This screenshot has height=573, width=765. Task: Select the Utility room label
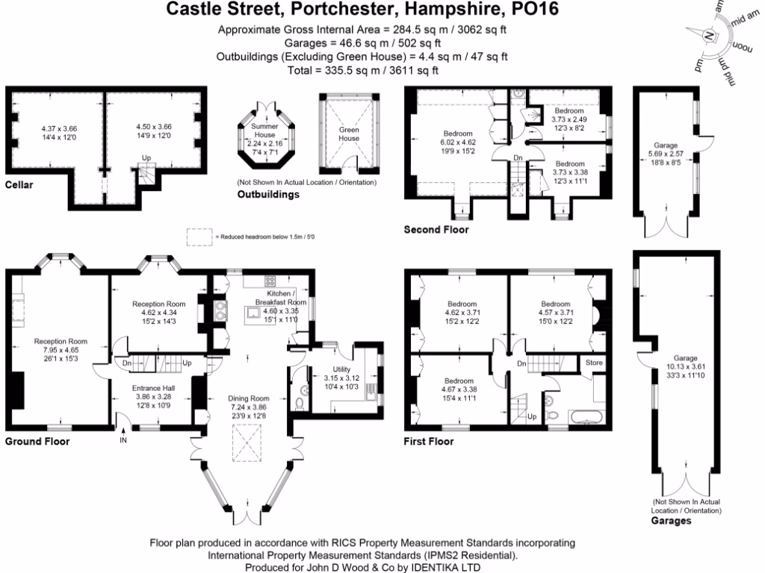click(x=342, y=369)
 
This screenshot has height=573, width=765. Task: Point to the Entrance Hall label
click(x=152, y=388)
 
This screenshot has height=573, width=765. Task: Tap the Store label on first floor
click(x=595, y=363)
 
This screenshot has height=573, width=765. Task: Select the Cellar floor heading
click(x=19, y=184)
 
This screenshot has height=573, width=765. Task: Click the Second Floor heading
click(x=436, y=229)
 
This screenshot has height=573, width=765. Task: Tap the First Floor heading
click(x=428, y=441)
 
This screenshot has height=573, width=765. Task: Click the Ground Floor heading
click(x=37, y=441)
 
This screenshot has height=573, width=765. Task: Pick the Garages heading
click(x=671, y=521)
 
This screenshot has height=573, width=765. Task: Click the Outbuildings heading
click(x=268, y=195)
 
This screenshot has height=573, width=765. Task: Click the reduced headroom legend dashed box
click(x=199, y=236)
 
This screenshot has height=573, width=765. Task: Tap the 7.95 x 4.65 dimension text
click(x=61, y=350)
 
